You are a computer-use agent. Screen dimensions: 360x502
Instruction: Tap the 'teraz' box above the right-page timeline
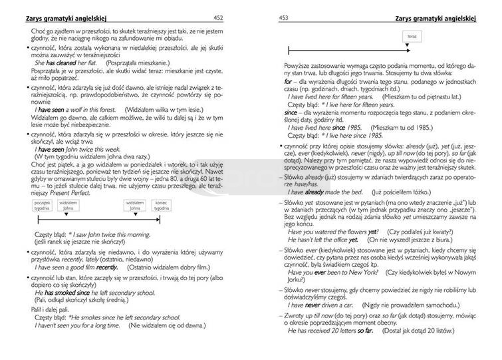click(412, 35)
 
